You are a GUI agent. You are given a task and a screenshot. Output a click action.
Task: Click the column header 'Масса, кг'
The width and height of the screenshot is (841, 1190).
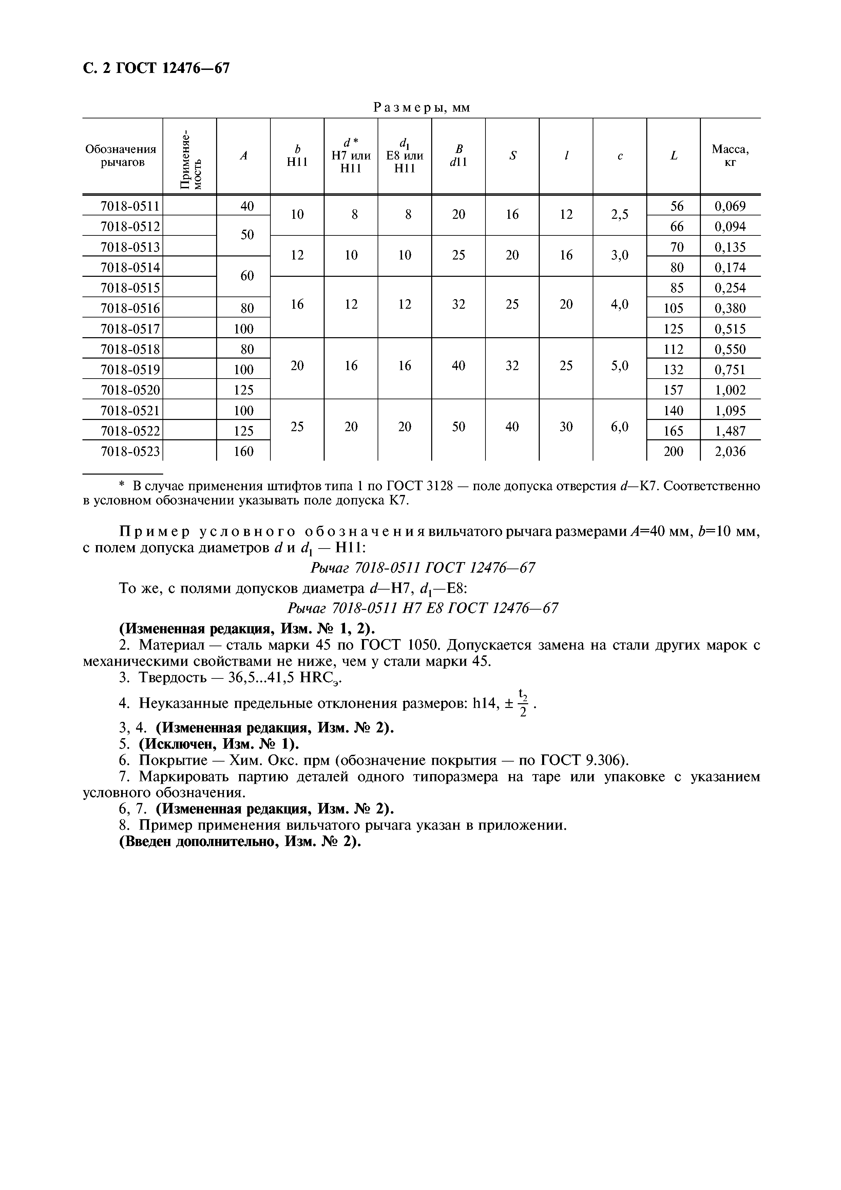[x=730, y=155]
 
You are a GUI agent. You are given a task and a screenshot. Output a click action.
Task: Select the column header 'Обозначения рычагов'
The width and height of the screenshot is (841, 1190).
[x=121, y=155]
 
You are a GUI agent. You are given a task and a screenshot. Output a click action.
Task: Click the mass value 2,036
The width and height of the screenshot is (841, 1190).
[x=730, y=452]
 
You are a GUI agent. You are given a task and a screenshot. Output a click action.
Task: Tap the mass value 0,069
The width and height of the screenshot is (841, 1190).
[x=730, y=206]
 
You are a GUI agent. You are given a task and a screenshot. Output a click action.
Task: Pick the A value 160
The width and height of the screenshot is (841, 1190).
[x=244, y=452]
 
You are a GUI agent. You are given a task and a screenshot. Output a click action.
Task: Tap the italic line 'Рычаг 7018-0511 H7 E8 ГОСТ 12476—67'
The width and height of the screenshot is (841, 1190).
[x=423, y=608]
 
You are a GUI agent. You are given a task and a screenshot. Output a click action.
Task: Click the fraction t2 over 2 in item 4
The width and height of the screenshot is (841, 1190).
[x=523, y=703]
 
